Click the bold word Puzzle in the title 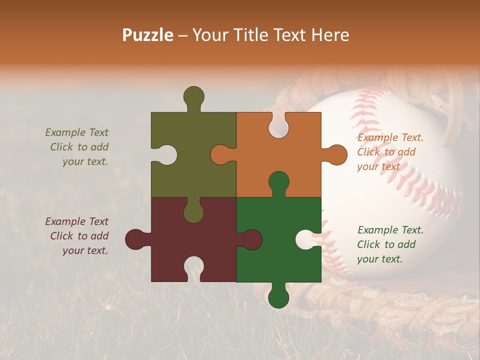point(148,35)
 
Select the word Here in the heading point(330,35)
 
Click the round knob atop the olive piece point(193,96)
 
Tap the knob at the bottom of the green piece point(278,297)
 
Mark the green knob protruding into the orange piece point(278,182)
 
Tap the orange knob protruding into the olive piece point(221,154)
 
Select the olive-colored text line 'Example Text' point(76,132)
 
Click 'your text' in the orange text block point(378,166)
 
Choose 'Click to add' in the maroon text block point(79,236)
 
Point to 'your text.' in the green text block point(379,259)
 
